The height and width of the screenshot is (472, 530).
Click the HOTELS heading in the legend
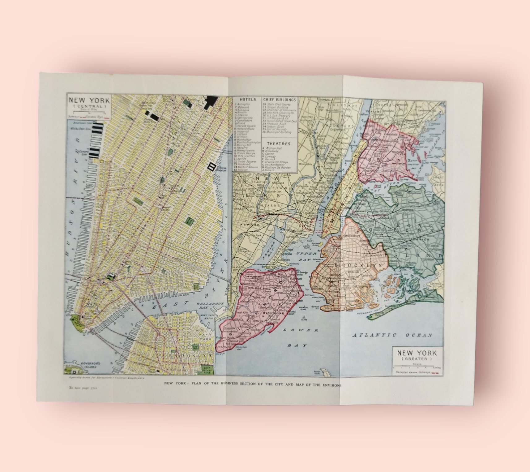[247, 100]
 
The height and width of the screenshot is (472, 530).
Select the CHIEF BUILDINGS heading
[280, 100]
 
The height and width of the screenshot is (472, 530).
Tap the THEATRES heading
[279, 144]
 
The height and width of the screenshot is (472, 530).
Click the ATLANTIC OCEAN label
[392, 335]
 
